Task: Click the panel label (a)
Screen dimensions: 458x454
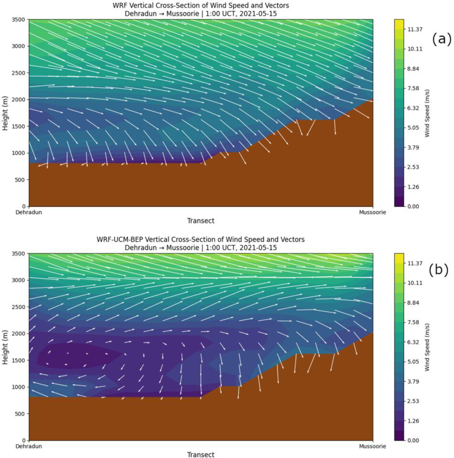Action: point(442,39)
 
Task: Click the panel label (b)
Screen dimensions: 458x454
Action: point(438,269)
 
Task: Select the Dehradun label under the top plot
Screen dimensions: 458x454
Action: point(29,212)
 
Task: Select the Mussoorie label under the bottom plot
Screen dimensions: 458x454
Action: point(372,446)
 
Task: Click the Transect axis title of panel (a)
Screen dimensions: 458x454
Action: point(201,221)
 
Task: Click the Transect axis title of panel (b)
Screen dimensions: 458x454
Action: point(201,455)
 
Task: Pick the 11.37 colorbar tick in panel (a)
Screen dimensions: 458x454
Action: point(415,29)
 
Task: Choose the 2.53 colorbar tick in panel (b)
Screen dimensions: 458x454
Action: point(413,401)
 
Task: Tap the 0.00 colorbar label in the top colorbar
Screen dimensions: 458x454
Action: point(413,206)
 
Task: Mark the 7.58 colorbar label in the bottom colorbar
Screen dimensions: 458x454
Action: point(413,322)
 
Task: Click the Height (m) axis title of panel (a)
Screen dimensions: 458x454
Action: point(5,113)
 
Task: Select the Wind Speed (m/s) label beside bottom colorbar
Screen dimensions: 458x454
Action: point(427,347)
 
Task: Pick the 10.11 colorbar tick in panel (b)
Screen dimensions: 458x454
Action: point(415,283)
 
